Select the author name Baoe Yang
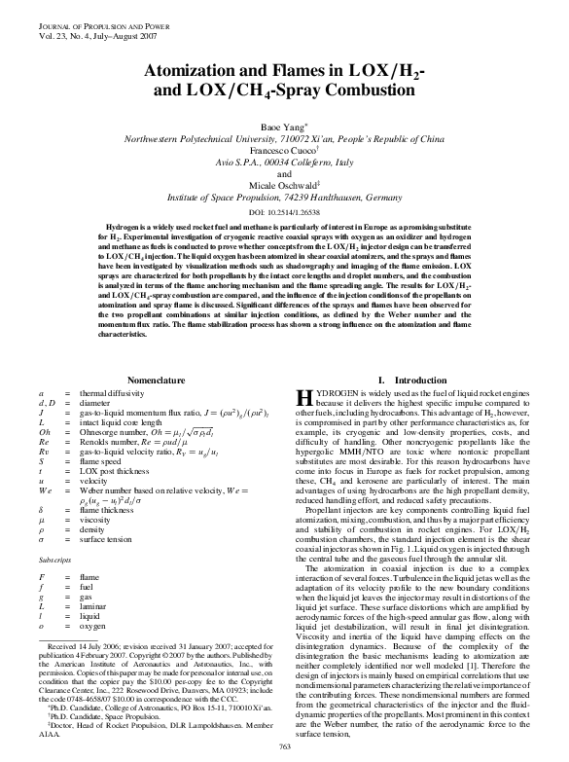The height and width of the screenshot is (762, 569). coord(282,127)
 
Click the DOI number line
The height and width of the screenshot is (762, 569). coord(285,211)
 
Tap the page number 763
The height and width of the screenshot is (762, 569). coord(285,745)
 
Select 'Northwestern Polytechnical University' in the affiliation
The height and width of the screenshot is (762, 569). coord(208,139)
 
